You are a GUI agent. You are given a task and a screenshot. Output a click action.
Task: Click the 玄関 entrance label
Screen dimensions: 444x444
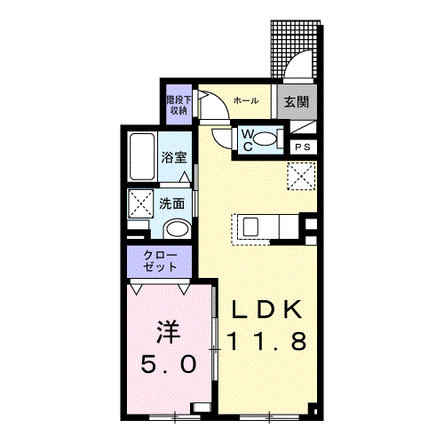click(297, 102)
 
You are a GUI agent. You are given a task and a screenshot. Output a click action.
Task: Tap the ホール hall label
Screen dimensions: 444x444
click(246, 100)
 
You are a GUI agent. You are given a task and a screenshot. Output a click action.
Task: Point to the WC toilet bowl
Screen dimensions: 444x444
click(266, 139)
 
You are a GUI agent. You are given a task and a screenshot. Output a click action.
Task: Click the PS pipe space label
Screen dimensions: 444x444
click(303, 147)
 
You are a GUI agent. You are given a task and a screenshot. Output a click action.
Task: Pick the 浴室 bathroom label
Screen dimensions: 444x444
click(174, 157)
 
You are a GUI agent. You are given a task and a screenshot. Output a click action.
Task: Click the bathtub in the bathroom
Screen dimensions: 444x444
click(142, 156)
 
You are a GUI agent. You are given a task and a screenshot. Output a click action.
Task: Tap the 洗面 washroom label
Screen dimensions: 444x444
click(171, 203)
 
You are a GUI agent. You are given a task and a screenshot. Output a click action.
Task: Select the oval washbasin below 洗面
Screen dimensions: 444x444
click(177, 229)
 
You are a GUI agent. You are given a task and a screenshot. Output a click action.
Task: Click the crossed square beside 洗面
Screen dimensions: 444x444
click(140, 203)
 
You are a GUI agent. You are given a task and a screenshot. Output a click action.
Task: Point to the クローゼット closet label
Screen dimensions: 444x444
click(160, 261)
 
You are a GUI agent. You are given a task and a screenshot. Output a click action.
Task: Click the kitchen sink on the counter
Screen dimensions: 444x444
click(250, 226)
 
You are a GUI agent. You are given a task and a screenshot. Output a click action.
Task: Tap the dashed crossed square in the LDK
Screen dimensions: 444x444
click(301, 176)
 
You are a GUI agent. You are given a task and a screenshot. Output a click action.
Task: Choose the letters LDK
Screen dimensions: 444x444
click(267, 309)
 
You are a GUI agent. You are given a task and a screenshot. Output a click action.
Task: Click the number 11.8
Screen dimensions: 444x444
click(266, 341)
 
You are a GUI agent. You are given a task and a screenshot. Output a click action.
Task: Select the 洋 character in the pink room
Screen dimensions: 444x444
click(169, 331)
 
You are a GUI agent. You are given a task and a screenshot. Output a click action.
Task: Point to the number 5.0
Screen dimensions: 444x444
click(169, 364)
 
